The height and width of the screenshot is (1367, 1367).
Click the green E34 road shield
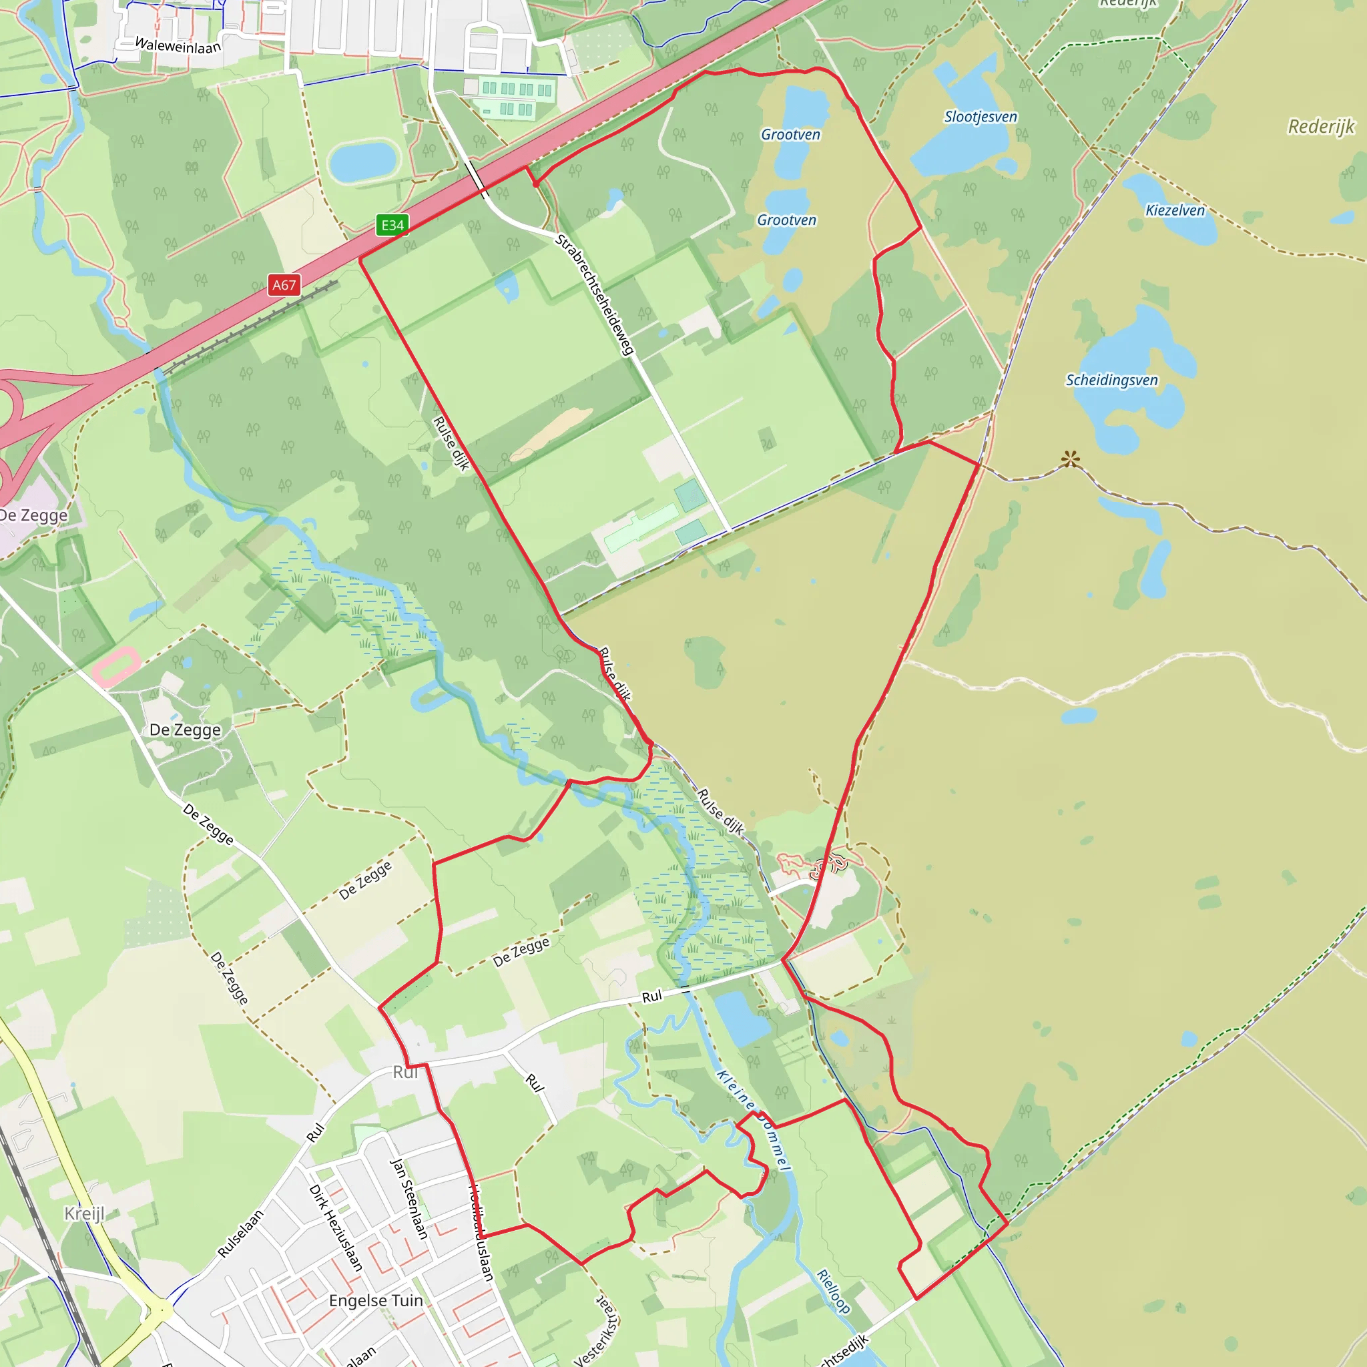pyautogui.click(x=392, y=225)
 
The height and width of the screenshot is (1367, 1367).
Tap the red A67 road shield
pyautogui.click(x=284, y=285)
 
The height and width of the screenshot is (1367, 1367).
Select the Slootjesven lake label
pyautogui.click(x=981, y=117)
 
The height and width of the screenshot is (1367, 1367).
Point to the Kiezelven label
pyautogui.click(x=1175, y=210)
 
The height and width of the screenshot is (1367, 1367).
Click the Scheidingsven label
pyautogui.click(x=1111, y=380)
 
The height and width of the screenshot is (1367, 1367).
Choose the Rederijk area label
pyautogui.click(x=1320, y=127)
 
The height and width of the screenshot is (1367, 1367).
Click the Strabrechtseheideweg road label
pyautogui.click(x=594, y=295)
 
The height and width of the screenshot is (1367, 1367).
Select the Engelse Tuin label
pyautogui.click(x=376, y=1300)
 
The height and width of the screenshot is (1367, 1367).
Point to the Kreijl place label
pyautogui.click(x=84, y=1213)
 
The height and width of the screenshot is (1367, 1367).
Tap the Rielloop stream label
pyautogui.click(x=833, y=1291)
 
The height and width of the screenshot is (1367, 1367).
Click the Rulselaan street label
pyautogui.click(x=240, y=1234)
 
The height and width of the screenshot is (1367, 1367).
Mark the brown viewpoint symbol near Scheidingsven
pyautogui.click(x=1071, y=459)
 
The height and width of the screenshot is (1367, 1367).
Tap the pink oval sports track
pyautogui.click(x=115, y=665)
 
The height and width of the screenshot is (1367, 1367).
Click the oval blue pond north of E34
pyautogui.click(x=363, y=162)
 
